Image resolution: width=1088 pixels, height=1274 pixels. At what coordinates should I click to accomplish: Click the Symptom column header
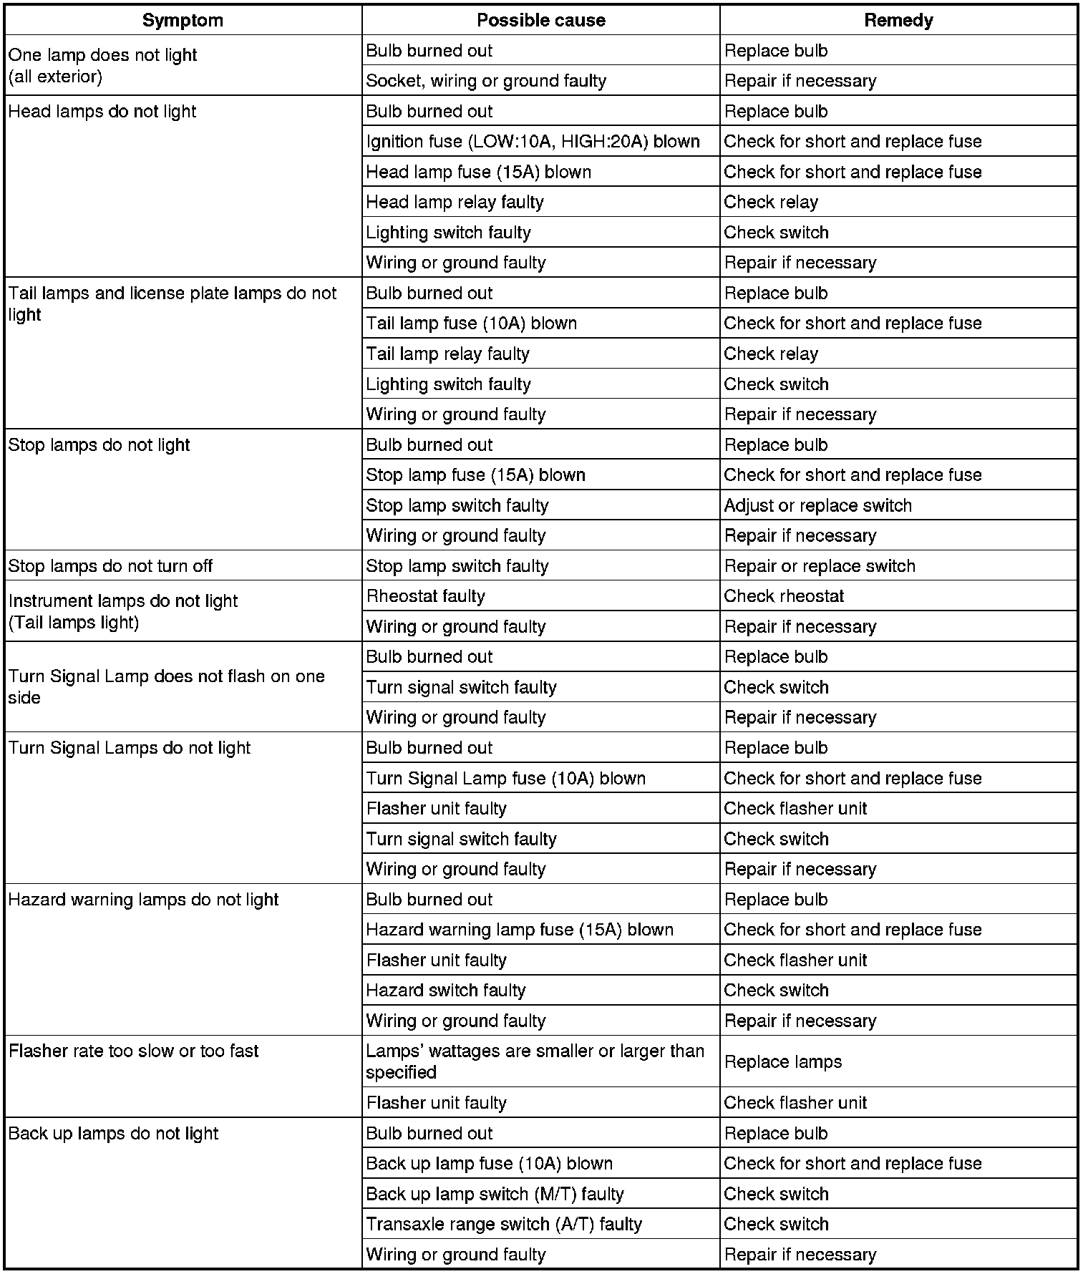[183, 20]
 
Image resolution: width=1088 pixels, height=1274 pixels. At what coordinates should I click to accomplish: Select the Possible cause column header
[540, 20]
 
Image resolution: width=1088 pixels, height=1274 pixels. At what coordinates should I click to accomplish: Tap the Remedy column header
[898, 20]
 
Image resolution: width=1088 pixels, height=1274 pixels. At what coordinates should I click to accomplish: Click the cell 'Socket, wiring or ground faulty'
[486, 81]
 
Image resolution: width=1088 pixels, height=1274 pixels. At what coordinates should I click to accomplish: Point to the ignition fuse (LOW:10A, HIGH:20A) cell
[533, 142]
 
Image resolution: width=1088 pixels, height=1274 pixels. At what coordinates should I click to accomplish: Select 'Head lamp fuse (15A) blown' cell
[478, 172]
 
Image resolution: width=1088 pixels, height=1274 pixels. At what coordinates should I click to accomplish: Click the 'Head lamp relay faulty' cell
[455, 203]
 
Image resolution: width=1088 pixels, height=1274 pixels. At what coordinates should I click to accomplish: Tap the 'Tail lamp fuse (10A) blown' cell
[471, 324]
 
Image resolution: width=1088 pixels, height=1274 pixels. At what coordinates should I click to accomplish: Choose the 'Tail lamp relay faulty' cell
[447, 354]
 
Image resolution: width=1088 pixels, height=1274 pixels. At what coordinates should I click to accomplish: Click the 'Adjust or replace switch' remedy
[817, 505]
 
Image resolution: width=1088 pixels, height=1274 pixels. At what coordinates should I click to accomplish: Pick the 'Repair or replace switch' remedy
[820, 566]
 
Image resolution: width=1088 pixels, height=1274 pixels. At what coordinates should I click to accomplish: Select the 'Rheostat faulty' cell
[425, 596]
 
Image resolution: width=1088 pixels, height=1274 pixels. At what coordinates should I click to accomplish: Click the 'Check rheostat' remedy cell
[784, 596]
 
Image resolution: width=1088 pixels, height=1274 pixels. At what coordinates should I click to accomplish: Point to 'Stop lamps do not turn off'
[110, 566]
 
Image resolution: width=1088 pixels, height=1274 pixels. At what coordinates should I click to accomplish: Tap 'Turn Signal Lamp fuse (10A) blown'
[505, 778]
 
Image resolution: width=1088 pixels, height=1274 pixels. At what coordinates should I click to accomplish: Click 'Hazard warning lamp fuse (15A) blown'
[520, 930]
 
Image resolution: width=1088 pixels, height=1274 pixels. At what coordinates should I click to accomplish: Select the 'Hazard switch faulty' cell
[445, 991]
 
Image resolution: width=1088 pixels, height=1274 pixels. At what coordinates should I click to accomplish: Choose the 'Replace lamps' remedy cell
[783, 1061]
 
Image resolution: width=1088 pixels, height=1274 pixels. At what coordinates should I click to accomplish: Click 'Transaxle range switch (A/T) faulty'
[504, 1224]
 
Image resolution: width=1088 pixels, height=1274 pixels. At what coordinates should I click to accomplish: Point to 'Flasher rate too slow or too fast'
[133, 1051]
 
